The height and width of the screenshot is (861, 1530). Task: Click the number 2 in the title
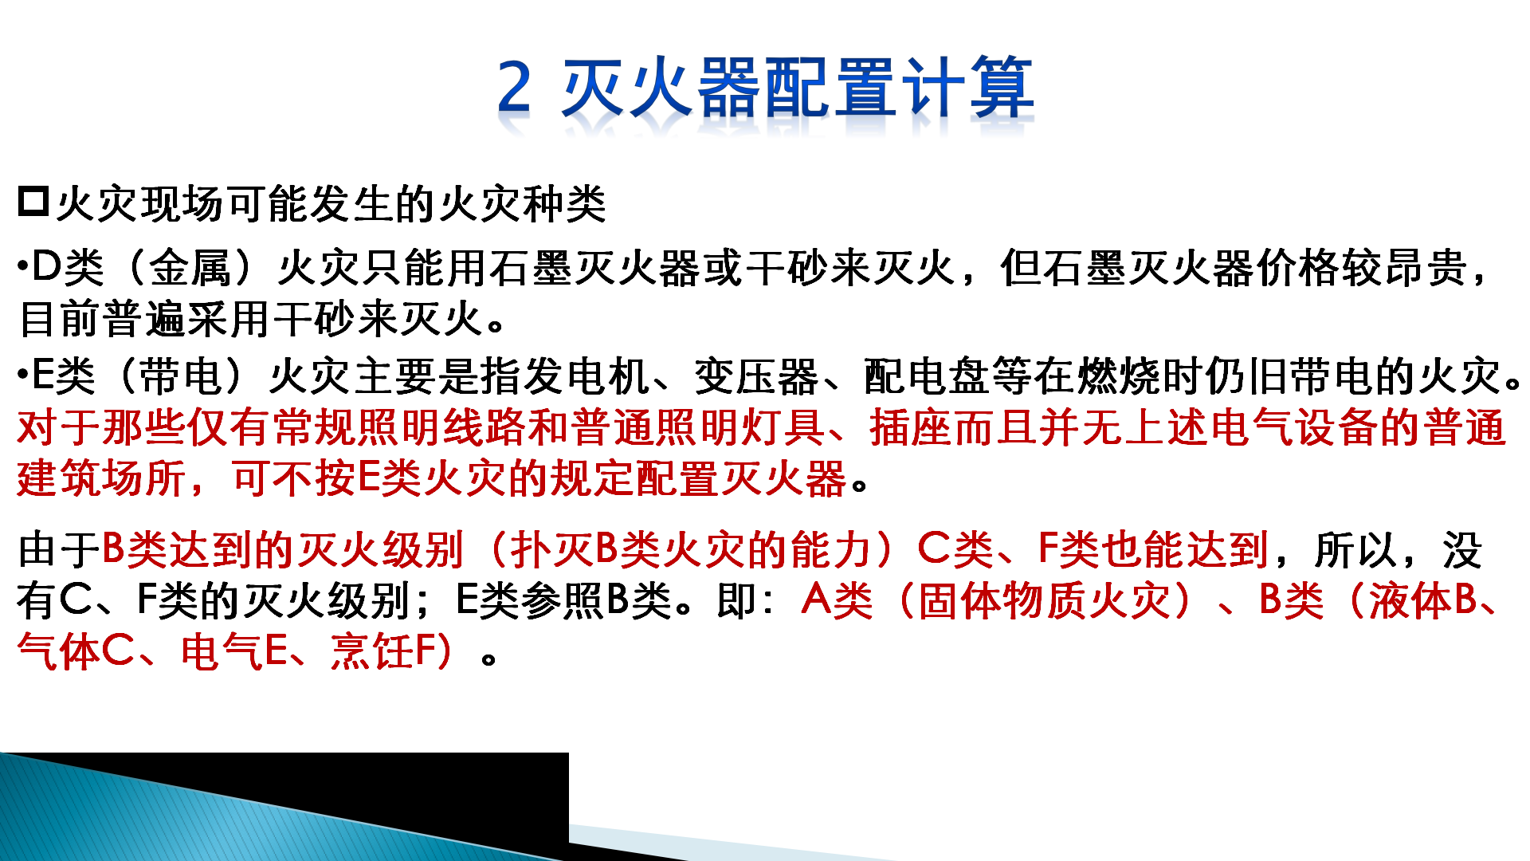514,86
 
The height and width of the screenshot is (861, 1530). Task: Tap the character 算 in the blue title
1002,86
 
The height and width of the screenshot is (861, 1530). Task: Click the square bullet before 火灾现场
33,202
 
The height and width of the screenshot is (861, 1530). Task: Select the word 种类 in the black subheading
565,204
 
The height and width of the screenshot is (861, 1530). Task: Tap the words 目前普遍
103,320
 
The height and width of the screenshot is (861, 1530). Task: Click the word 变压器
756,376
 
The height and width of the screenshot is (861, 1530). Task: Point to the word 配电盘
926,376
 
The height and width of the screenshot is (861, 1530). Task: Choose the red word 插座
912,427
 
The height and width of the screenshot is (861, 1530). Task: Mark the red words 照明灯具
742,427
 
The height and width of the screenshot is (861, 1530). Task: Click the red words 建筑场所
101,478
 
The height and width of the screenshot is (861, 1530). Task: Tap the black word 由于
59,550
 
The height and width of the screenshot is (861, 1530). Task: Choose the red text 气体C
76,652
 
